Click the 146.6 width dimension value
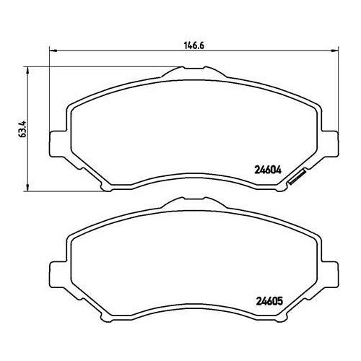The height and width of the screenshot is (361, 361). click(x=194, y=45)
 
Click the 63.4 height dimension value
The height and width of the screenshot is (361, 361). click(x=22, y=129)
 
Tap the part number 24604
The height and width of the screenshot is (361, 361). click(x=268, y=170)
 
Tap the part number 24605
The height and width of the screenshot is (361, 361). click(x=269, y=301)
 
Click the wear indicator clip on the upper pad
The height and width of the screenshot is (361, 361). click(x=297, y=178)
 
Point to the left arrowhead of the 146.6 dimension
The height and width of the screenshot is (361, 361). click(x=53, y=51)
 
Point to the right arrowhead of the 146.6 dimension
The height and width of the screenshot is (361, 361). click(x=335, y=51)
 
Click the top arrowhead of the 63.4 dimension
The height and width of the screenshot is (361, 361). click(x=28, y=70)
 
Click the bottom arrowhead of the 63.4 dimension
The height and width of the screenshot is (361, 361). click(x=28, y=188)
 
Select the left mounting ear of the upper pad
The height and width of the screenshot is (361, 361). click(x=57, y=144)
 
